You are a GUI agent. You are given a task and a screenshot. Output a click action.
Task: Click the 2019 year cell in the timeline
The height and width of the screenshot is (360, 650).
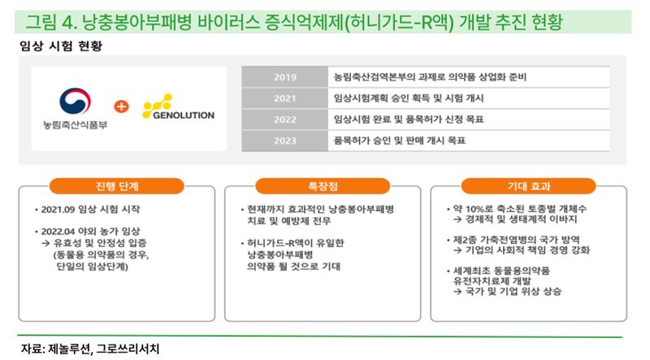click(285, 76)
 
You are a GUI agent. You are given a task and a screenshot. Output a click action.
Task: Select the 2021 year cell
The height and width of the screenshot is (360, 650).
click(285, 98)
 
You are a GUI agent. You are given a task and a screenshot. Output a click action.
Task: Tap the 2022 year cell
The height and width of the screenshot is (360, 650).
click(285, 119)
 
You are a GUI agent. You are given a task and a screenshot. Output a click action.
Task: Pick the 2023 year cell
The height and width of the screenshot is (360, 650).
click(285, 141)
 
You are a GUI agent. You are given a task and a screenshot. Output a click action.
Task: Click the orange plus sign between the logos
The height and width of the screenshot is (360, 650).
click(121, 106)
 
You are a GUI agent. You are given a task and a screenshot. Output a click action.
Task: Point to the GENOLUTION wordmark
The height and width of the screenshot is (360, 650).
click(184, 115)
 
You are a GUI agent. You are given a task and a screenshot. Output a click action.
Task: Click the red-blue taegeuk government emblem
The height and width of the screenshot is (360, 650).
click(75, 101)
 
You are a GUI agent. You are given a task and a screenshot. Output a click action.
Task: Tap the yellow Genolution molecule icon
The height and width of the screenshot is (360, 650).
click(157, 106)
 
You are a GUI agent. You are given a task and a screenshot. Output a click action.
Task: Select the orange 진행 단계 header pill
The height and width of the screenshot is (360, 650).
click(116, 186)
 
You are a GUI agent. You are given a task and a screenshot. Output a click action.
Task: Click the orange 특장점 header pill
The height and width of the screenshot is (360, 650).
click(323, 186)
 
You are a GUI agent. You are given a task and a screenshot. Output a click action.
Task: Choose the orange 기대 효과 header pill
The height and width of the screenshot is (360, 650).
click(529, 186)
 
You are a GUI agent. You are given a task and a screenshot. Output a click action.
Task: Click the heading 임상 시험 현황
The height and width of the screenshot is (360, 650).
click(61, 46)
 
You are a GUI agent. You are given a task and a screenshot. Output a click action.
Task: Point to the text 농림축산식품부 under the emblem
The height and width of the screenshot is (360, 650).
click(75, 124)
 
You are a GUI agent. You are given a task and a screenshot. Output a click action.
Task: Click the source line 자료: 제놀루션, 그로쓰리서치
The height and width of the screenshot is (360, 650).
click(90, 349)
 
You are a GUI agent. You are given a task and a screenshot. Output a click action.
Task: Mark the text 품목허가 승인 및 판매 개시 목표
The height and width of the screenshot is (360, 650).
click(400, 141)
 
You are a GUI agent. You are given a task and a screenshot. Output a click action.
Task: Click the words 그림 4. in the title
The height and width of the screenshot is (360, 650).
click(51, 22)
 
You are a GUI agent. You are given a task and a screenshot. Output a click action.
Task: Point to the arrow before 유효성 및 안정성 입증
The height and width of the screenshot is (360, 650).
click(46, 243)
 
